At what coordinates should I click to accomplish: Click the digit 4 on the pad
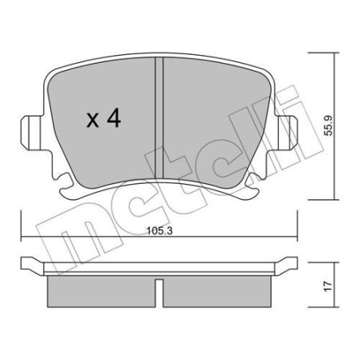point(114,120)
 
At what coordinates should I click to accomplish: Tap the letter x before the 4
point(92,121)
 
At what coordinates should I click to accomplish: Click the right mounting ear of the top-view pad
point(294,127)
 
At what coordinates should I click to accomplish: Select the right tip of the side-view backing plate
point(299,264)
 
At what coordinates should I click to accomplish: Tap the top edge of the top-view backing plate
point(162,59)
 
